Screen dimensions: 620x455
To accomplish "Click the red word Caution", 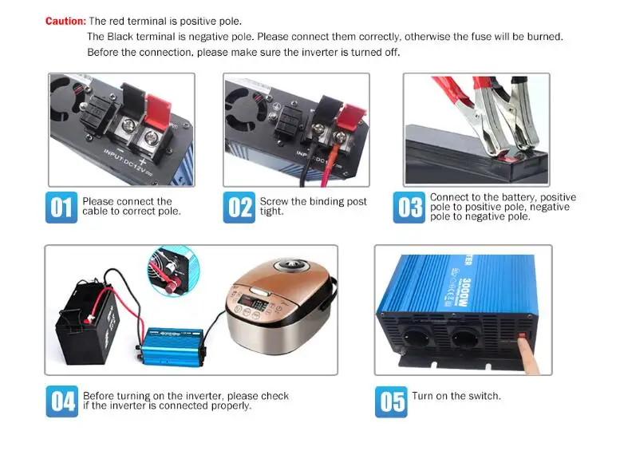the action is [x=65, y=21].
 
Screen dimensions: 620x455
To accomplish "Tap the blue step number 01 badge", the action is [x=61, y=208].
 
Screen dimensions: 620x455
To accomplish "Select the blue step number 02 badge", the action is [x=239, y=208].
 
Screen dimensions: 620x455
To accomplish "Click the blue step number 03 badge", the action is [x=409, y=208].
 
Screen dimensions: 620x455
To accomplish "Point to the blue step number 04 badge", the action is [x=62, y=402].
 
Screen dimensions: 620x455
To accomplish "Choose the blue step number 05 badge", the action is [x=391, y=402].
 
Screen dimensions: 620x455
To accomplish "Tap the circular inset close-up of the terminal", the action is [x=173, y=271].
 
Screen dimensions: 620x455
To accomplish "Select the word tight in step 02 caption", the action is [x=271, y=212].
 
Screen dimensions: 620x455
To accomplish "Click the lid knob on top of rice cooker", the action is [x=290, y=263].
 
